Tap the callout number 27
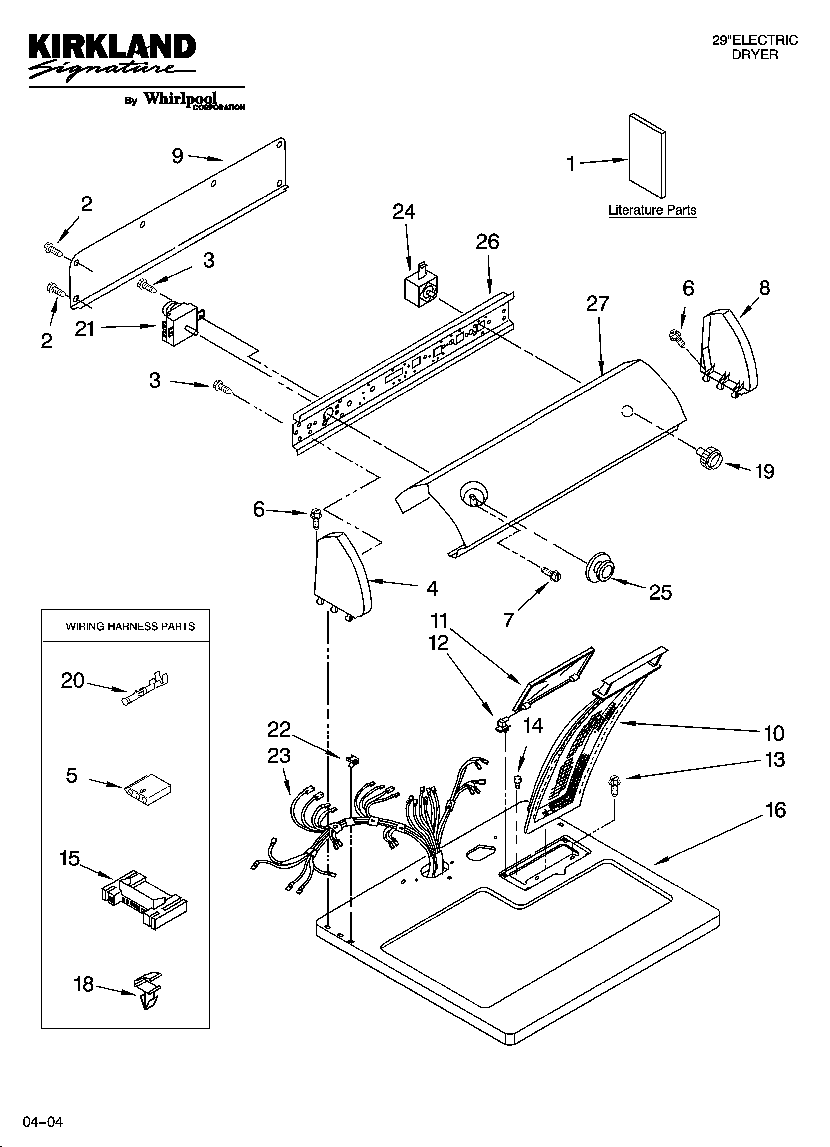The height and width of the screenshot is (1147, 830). point(597,304)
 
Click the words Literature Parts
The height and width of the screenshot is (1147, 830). point(652,210)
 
